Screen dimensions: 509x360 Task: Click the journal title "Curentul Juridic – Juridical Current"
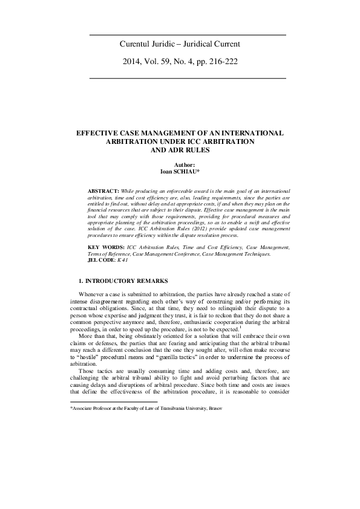[180, 44]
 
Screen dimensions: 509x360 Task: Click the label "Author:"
[180, 164]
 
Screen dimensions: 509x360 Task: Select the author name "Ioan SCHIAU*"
[180, 171]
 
